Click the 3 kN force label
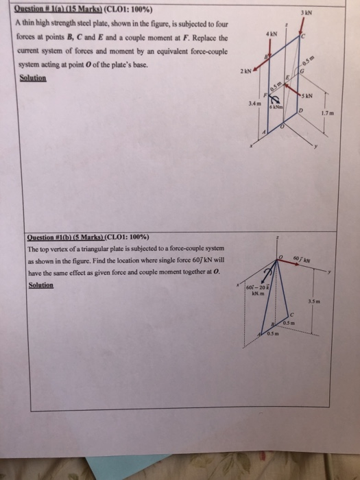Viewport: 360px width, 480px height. tap(331, 12)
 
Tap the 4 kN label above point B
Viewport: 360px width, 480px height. tap(274, 32)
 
